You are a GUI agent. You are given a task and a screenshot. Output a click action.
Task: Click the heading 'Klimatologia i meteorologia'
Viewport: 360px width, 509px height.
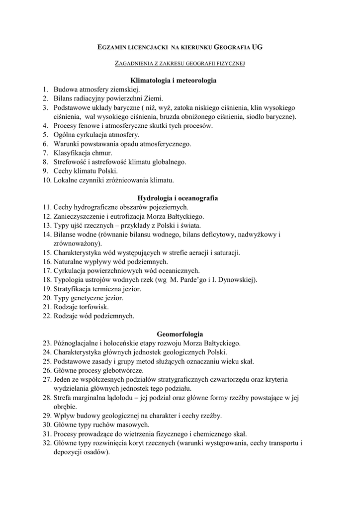click(173, 80)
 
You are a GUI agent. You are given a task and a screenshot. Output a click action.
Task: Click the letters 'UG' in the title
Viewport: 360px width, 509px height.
click(257, 48)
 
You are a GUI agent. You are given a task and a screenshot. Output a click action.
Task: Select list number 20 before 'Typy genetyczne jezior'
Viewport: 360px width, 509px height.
click(47, 298)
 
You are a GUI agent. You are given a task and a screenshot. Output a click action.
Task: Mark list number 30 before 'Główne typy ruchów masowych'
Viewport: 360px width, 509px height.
click(47, 424)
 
